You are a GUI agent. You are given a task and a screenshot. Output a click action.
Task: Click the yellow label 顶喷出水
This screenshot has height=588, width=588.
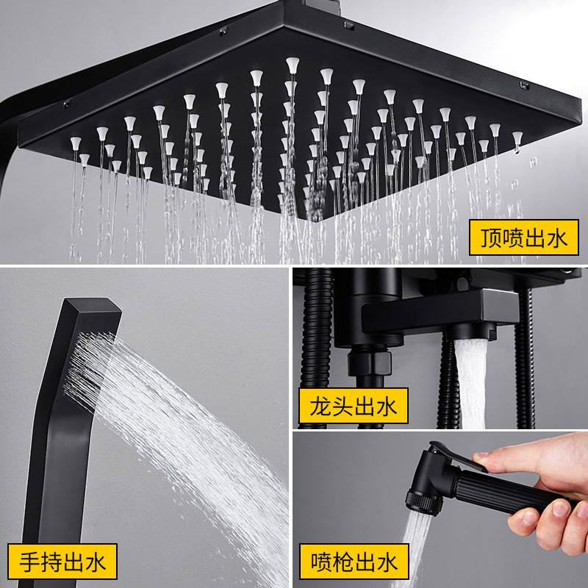tap(524, 237)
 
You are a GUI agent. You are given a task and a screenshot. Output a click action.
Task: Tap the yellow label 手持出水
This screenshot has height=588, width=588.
tap(63, 562)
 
